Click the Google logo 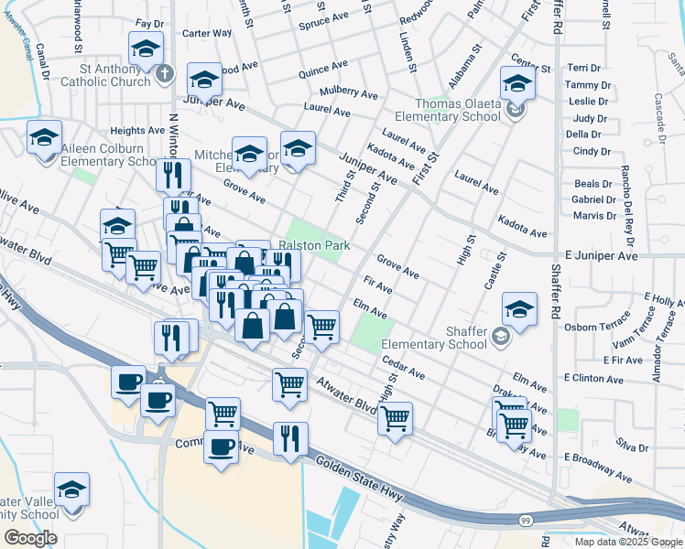[30, 538]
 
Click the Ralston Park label [314, 246]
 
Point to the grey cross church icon [165, 73]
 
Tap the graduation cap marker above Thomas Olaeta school [517, 86]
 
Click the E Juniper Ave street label [601, 257]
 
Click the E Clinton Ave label [593, 378]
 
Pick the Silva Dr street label [632, 448]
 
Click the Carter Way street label [206, 33]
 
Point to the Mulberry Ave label [348, 93]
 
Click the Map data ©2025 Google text [626, 541]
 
